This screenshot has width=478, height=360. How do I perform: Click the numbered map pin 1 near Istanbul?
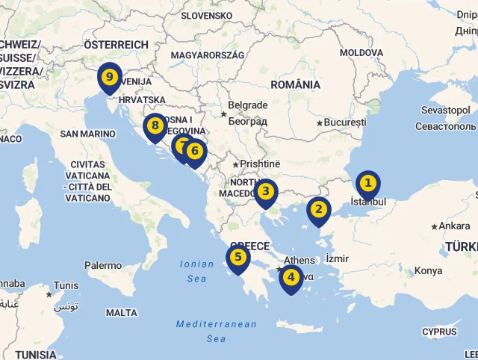pos(367,183)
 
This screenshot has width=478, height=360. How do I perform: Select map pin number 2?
pos(319,209)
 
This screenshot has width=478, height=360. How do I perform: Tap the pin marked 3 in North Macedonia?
pos(265,191)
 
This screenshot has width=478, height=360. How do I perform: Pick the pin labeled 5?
pos(238,258)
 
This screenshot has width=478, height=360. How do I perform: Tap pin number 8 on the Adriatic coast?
pos(155,126)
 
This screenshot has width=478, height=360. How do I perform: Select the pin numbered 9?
pos(110,77)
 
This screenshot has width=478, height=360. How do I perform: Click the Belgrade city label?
pos(247,105)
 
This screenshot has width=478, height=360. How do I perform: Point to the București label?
pos(346,122)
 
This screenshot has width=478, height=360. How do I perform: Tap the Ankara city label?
pos(454,226)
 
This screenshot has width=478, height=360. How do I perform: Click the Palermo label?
pos(103,265)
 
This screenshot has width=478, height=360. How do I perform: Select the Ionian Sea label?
pos(196,271)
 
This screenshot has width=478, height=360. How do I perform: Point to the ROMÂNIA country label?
pos(295,84)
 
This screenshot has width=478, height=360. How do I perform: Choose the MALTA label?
pos(122,313)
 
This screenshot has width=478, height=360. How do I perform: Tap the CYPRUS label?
pos(439,332)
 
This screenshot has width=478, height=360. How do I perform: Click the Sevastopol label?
pos(446,110)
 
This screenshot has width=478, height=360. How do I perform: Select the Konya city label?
pos(429,270)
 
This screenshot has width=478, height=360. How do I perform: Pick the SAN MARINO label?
pos(88,134)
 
